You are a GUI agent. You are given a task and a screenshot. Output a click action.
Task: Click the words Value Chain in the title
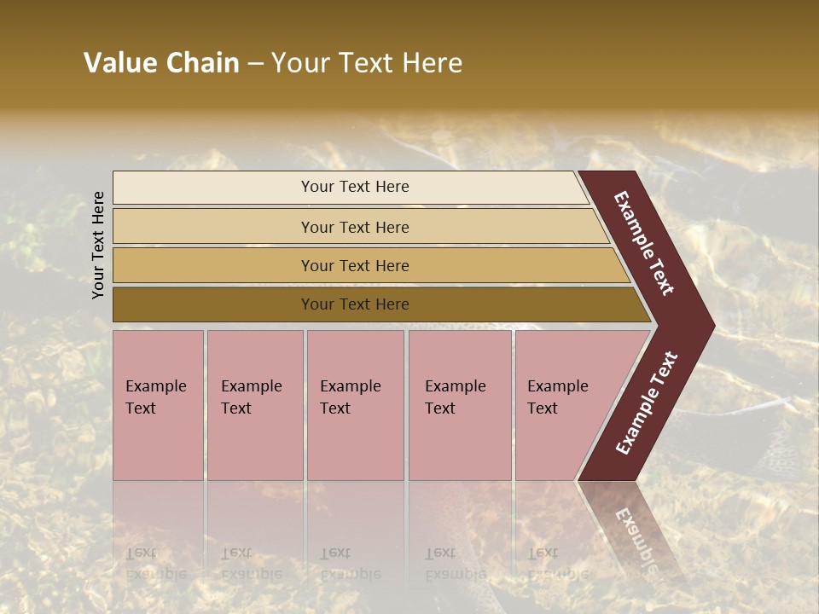(x=161, y=63)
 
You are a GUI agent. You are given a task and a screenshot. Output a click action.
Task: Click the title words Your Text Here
(x=367, y=63)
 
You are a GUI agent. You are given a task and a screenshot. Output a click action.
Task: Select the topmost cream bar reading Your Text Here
(x=355, y=187)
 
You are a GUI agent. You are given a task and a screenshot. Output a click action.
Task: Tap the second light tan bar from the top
(x=355, y=227)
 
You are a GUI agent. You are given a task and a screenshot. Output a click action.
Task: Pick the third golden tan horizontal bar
(x=355, y=265)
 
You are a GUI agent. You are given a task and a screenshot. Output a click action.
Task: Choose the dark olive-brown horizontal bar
(x=355, y=304)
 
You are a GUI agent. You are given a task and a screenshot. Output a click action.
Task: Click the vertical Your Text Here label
(x=99, y=245)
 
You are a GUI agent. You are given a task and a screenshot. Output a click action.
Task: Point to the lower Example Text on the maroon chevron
(x=647, y=403)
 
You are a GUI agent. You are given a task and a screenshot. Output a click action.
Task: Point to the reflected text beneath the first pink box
(x=155, y=564)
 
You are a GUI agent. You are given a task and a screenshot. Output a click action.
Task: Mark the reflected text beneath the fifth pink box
(x=557, y=564)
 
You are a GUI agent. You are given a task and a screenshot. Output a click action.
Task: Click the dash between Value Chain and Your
(x=255, y=64)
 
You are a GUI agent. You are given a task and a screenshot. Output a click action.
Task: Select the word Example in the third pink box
(x=350, y=386)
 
